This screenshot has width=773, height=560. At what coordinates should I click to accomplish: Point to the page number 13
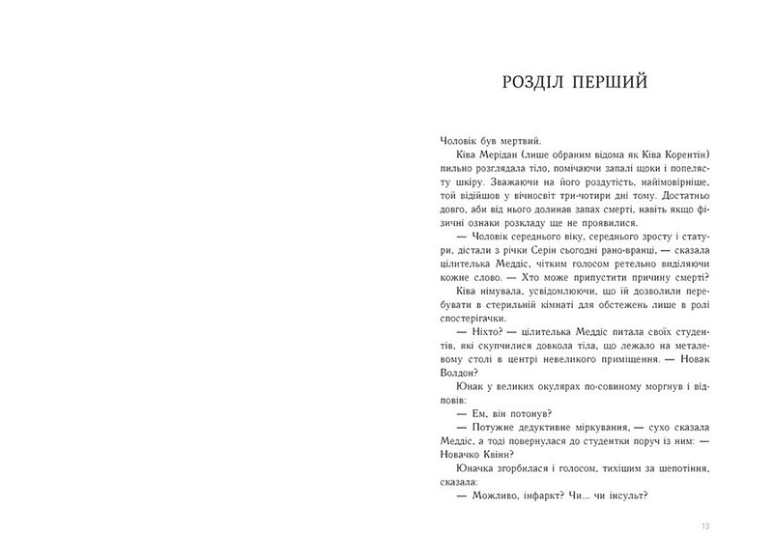[x=706, y=525]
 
